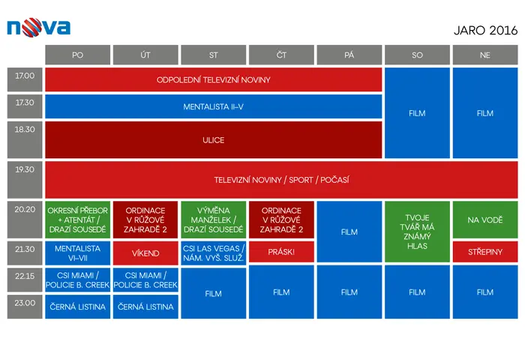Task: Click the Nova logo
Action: pyautogui.click(x=38, y=28)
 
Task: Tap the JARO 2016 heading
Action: pyautogui.click(x=485, y=31)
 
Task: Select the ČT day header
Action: pyautogui.click(x=281, y=55)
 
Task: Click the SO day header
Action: pyautogui.click(x=417, y=55)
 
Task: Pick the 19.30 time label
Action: pyautogui.click(x=25, y=180)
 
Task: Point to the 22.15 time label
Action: pyautogui.click(x=25, y=280)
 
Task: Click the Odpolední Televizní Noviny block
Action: pyautogui.click(x=213, y=79)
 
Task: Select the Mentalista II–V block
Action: pyautogui.click(x=213, y=106)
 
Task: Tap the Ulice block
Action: pyautogui.click(x=213, y=139)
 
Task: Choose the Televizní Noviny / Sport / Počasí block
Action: pyautogui.click(x=281, y=180)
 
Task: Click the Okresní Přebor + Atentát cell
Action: pyautogui.click(x=78, y=220)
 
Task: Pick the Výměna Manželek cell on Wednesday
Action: pyautogui.click(x=213, y=220)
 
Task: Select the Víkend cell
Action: pyautogui.click(x=145, y=253)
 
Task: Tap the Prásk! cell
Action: pyautogui.click(x=281, y=251)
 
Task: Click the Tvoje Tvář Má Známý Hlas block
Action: pyautogui.click(x=417, y=232)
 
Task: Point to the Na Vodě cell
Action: pyautogui.click(x=485, y=220)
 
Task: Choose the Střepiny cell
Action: pyautogui.click(x=485, y=251)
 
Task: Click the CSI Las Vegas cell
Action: pyautogui.click(x=213, y=253)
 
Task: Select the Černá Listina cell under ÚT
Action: pyautogui.click(x=145, y=307)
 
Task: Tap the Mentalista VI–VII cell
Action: pyautogui.click(x=78, y=253)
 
